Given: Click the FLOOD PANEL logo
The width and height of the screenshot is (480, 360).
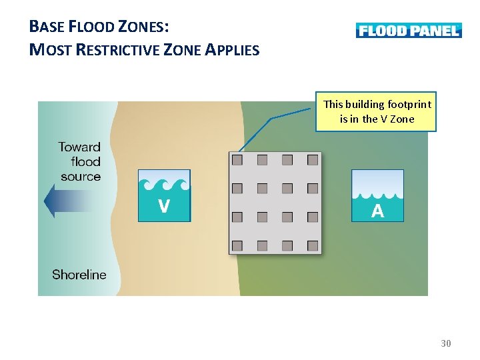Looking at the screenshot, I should tap(408, 30).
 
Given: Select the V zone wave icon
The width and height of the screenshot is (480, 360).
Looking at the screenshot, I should tap(164, 195).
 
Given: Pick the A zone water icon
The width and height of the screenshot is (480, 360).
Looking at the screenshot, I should tap(377, 195).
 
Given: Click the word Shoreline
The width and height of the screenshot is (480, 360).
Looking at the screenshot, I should tap(79, 275).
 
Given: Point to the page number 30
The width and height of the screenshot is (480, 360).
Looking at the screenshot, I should tap(446, 343).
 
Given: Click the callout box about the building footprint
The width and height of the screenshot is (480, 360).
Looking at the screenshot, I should tap(377, 112).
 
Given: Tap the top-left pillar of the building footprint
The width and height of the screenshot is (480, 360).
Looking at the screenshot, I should tap(237, 160).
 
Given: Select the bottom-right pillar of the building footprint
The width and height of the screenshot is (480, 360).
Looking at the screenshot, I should tap(313, 245).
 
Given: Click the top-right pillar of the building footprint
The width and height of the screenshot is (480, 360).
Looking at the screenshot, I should tap(313, 160).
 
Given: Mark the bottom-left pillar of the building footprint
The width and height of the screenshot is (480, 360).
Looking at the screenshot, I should tap(237, 245).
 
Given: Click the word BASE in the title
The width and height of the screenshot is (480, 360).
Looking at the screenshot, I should tap(47, 27).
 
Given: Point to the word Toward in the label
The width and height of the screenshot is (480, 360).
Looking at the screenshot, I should tap(79, 147).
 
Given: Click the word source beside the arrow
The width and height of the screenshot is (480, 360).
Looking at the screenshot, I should tap(81, 177).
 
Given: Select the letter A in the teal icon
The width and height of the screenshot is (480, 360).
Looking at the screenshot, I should tap(377, 211).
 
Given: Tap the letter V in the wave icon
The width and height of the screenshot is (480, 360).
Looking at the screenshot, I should tap(163, 207).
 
